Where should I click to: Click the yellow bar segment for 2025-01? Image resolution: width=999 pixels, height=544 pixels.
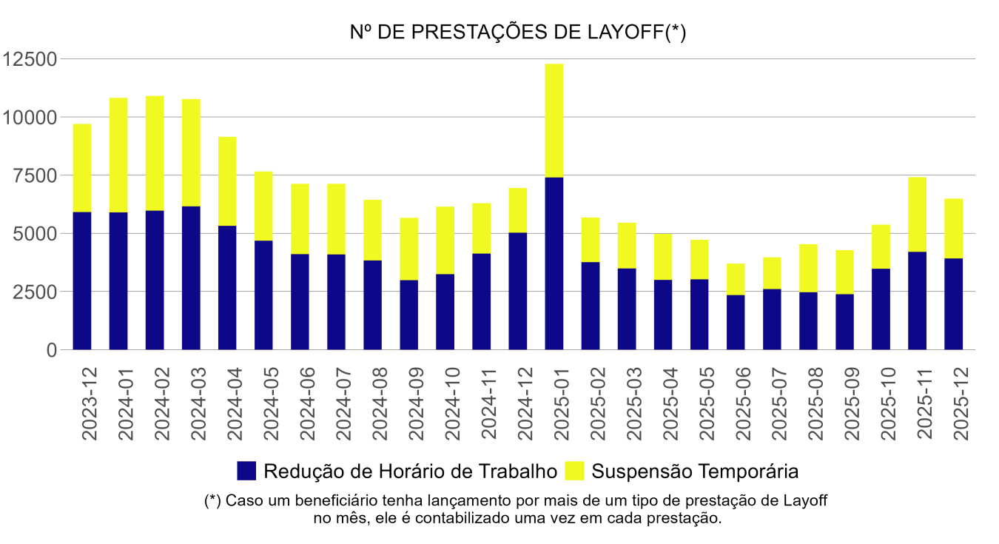tap(554, 121)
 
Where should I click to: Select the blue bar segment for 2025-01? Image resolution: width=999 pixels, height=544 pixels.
tap(554, 263)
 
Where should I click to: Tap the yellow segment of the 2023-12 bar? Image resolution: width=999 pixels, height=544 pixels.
tap(82, 168)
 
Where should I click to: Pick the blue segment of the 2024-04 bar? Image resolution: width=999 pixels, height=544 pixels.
tap(227, 287)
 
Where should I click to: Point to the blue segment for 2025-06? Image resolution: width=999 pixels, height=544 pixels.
tap(736, 322)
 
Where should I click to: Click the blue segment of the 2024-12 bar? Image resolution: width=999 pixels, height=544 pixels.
tap(518, 291)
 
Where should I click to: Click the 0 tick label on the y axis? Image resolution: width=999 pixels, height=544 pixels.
tap(52, 350)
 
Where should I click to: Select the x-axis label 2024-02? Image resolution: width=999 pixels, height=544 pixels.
tap(162, 403)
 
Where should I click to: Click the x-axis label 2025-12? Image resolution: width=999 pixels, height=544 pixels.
tap(961, 403)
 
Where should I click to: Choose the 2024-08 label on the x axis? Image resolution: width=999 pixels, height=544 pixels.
tap(380, 403)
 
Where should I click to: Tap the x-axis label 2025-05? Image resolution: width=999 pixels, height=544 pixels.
tap(707, 403)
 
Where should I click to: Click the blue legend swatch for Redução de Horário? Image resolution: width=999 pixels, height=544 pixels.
tap(246, 471)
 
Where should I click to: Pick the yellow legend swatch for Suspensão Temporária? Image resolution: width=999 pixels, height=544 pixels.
tap(574, 471)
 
